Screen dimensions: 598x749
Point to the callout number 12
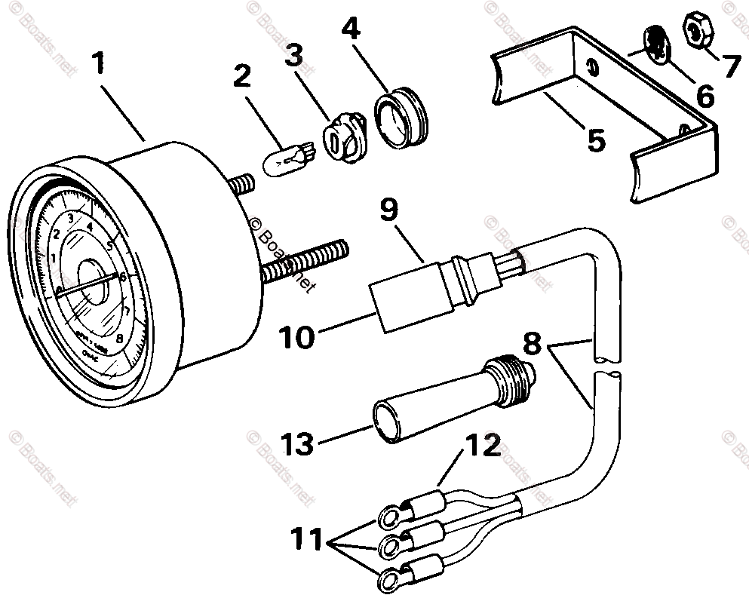[483, 446]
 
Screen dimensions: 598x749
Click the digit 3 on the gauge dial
[70, 219]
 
